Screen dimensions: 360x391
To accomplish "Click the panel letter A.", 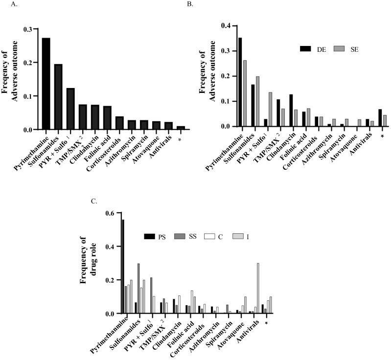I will [6, 5].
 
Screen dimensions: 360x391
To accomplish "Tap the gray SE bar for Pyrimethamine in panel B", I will [245, 93].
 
